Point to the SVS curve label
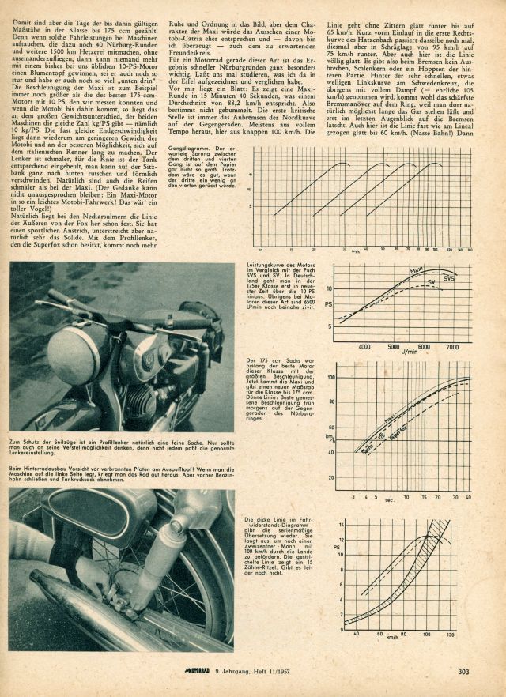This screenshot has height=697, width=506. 449,279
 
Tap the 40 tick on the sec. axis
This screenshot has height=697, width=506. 469,476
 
